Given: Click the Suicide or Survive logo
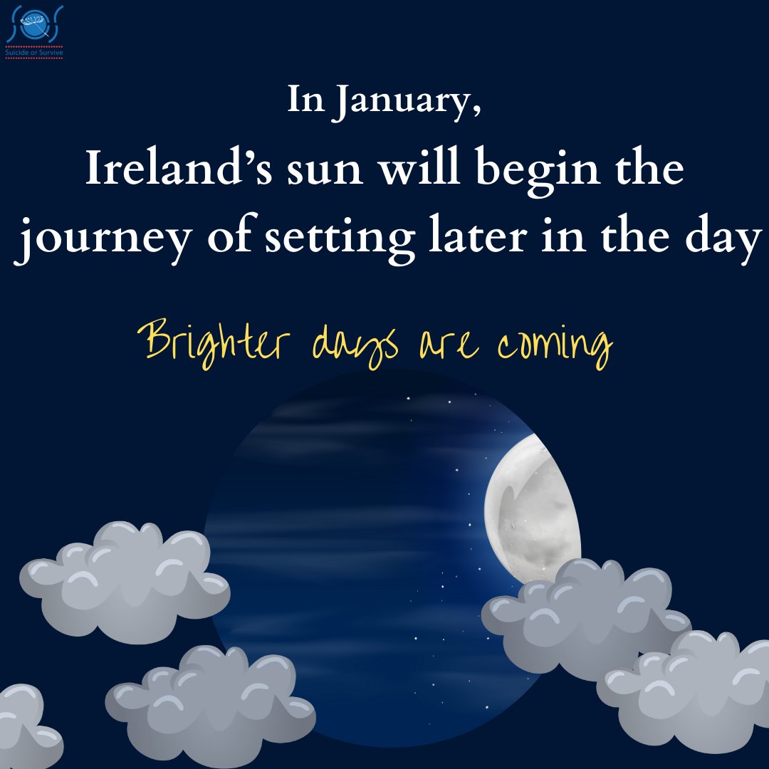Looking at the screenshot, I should (x=33, y=32).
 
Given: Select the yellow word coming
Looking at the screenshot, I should (x=555, y=345).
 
